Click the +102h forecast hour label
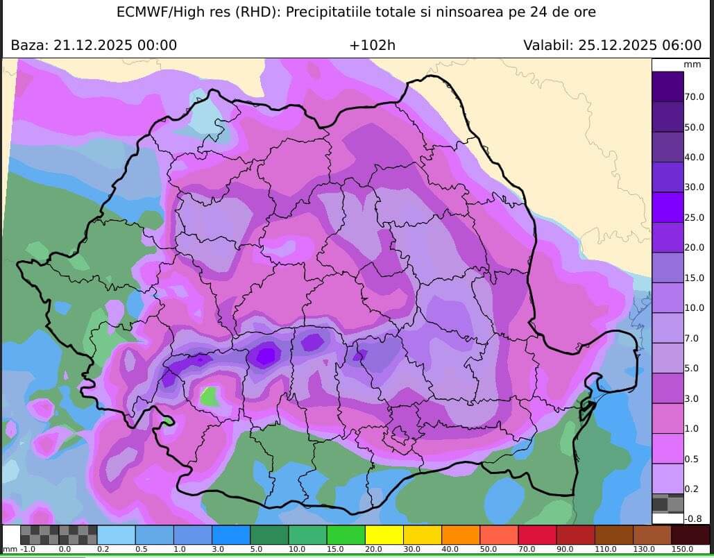pos(372,46)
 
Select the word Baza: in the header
pos(30,46)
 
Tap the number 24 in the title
pos(536,12)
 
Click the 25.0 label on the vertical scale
pos(695,217)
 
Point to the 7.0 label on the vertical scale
pos(692,338)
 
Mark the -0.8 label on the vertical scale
pos(694,518)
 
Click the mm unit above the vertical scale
pos(692,65)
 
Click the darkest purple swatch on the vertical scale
pos(667,87)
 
